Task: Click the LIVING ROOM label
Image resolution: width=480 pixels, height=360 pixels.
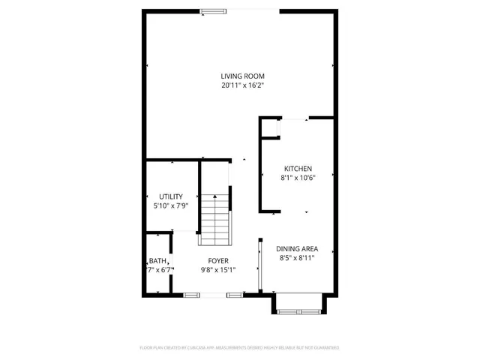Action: tap(242, 76)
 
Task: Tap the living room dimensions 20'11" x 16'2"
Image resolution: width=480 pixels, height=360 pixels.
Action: tap(242, 85)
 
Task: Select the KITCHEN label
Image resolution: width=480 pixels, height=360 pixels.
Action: tap(297, 169)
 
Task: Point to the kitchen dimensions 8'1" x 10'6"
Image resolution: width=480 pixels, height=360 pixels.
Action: tap(297, 178)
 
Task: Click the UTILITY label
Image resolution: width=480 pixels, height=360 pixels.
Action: tap(170, 196)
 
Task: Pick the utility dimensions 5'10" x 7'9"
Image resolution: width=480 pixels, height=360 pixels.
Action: tap(170, 205)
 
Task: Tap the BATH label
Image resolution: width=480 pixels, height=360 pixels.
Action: tap(157, 261)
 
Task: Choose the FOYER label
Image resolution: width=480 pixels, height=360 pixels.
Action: tap(218, 261)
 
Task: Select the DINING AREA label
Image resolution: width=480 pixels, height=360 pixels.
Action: tap(297, 249)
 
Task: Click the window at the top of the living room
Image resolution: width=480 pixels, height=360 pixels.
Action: tap(217, 10)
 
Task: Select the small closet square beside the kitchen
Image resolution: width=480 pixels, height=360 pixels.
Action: tap(268, 128)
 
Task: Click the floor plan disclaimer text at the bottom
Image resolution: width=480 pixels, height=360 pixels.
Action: tap(240, 347)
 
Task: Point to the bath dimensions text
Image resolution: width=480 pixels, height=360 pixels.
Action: tap(160, 270)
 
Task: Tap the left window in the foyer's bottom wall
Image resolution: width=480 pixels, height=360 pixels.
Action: tap(191, 295)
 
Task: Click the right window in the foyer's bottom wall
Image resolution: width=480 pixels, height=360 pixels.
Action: tap(235, 295)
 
